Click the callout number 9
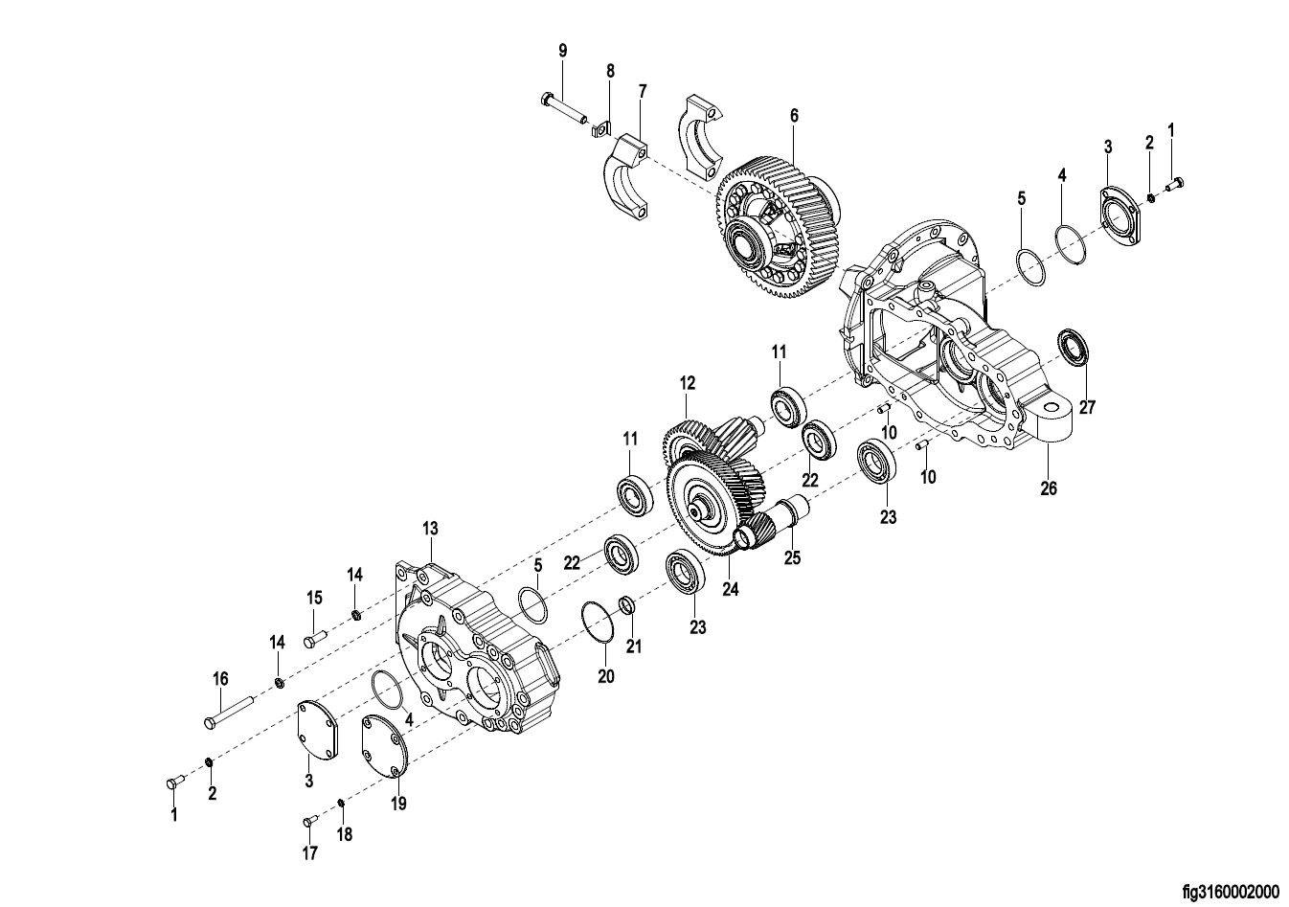click(563, 51)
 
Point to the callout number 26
click(1049, 488)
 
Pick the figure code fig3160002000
click(1231, 893)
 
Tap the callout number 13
click(430, 528)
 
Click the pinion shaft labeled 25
click(773, 522)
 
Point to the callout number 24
click(731, 589)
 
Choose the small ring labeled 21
click(626, 605)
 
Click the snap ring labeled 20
click(598, 622)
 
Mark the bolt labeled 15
click(315, 638)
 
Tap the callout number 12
click(687, 383)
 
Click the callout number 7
click(643, 91)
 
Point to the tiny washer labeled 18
click(341, 803)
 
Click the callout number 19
click(398, 804)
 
